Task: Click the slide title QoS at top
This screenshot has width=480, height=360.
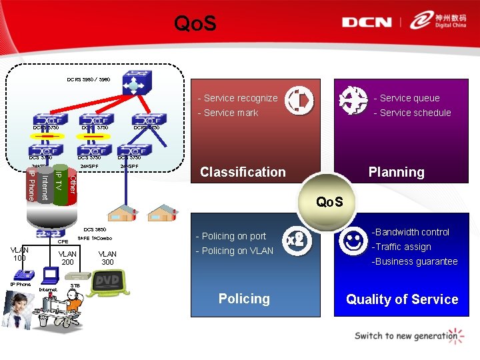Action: coord(195,25)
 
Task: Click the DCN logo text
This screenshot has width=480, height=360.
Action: coord(367,22)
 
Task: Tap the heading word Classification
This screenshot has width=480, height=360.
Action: coord(243,172)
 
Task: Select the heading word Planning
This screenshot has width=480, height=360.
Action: coord(396,172)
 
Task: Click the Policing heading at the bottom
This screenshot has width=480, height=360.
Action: coord(244,299)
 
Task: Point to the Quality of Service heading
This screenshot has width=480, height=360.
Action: coord(402,299)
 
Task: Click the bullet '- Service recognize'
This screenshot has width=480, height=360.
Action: coord(237,98)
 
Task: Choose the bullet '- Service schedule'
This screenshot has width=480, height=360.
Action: coord(412,113)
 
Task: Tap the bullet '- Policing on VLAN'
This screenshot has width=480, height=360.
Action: coord(234,251)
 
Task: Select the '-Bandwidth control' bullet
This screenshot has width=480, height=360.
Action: coord(410,232)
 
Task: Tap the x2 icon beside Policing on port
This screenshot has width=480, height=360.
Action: coord(294,240)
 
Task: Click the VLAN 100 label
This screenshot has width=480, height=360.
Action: coord(19,254)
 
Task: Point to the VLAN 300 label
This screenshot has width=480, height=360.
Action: coord(107,258)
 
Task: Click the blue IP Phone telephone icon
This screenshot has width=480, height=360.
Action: coord(24,273)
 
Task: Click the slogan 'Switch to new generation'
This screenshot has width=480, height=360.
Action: coord(406,336)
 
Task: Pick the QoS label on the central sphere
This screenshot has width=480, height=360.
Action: coord(329,201)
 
